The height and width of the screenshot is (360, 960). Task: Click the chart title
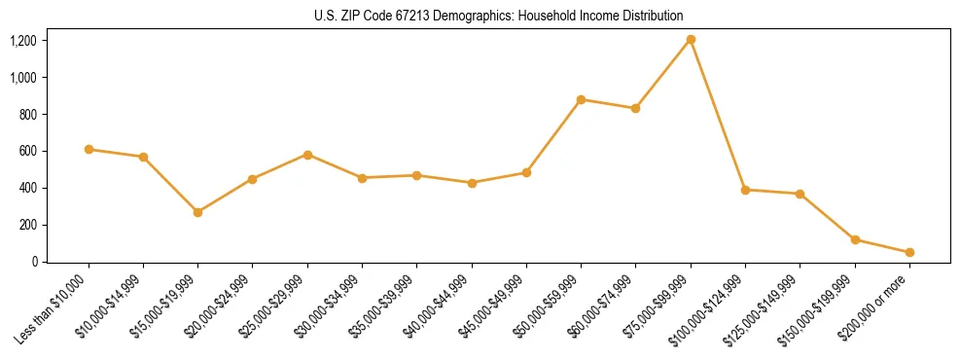tap(499, 16)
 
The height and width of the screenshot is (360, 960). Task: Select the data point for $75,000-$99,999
tap(691, 40)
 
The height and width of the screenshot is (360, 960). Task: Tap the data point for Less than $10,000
tap(89, 150)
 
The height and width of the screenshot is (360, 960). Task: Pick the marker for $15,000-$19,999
tap(198, 212)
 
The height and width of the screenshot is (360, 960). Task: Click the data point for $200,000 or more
tap(909, 253)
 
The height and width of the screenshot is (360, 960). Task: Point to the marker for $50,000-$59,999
tap(581, 99)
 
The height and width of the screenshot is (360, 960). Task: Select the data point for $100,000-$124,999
tap(745, 190)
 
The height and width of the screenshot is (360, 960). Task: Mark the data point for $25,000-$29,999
tap(307, 155)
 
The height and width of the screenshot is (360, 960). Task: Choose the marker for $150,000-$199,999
tap(855, 239)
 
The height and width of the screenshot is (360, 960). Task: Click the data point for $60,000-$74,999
tap(635, 108)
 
